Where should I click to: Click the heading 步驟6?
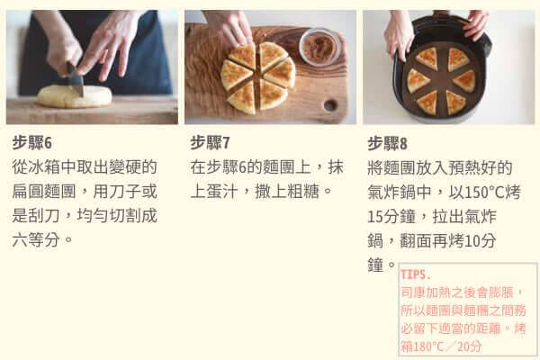click(32, 142)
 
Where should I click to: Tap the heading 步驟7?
click(210, 142)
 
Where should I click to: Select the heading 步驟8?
click(387, 143)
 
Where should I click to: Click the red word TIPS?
click(416, 274)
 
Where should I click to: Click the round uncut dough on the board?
click(75, 96)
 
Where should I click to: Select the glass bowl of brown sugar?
click(319, 47)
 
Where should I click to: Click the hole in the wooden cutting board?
click(330, 105)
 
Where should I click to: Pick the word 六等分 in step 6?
click(36, 239)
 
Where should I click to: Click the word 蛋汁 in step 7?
click(222, 192)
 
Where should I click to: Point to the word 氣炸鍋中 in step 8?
click(400, 193)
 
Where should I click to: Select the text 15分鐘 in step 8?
click(391, 216)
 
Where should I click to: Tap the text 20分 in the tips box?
click(470, 346)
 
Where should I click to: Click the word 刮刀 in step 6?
click(44, 216)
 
